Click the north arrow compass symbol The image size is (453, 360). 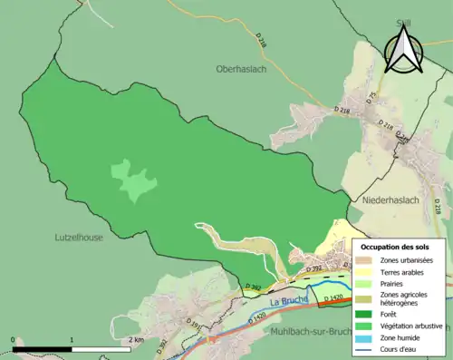point(406,50)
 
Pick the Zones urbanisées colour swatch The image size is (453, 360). point(365,260)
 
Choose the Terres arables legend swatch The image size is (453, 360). point(365,272)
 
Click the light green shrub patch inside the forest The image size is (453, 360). point(131,181)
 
